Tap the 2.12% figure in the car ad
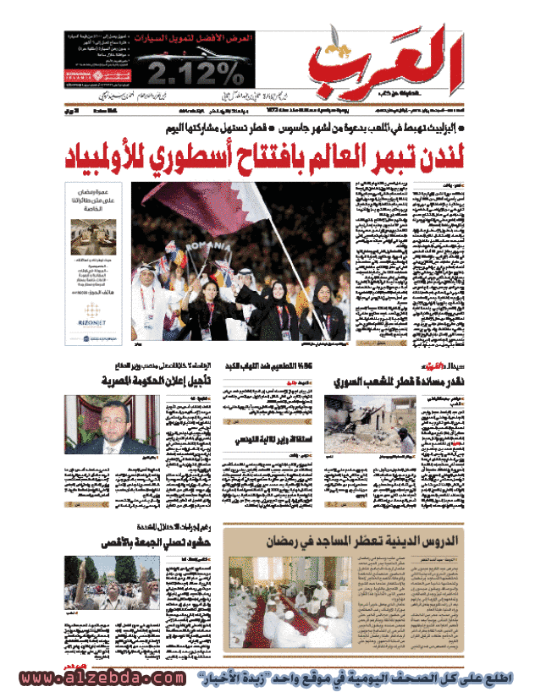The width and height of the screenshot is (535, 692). (189, 74)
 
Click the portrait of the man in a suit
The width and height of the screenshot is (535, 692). (111, 425)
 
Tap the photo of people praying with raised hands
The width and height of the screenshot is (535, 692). (111, 583)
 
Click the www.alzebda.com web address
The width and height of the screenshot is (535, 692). (102, 678)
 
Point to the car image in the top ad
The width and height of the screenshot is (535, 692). (189, 59)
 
